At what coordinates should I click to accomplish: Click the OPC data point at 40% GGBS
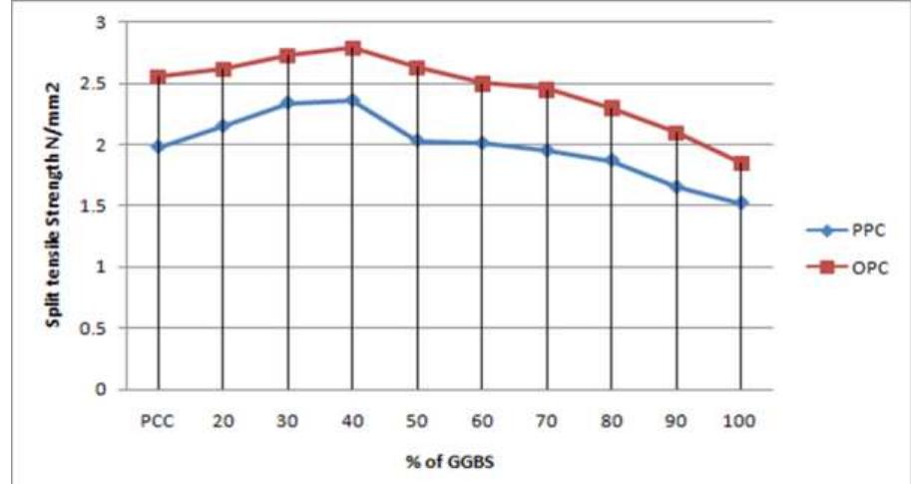pos(353,48)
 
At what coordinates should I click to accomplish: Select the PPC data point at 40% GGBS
pos(353,100)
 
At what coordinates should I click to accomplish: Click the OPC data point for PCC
pos(159,77)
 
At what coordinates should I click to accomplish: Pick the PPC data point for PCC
pos(159,147)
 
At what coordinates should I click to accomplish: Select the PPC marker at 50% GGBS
pos(417,141)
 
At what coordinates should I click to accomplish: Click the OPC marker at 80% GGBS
pos(612,108)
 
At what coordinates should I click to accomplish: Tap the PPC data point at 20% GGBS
pos(224,126)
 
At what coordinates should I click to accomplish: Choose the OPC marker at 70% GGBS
pos(547,90)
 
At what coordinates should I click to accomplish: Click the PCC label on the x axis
pos(158,420)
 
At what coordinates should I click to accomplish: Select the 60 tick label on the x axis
pos(482,420)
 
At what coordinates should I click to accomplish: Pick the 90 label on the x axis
pos(677,420)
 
